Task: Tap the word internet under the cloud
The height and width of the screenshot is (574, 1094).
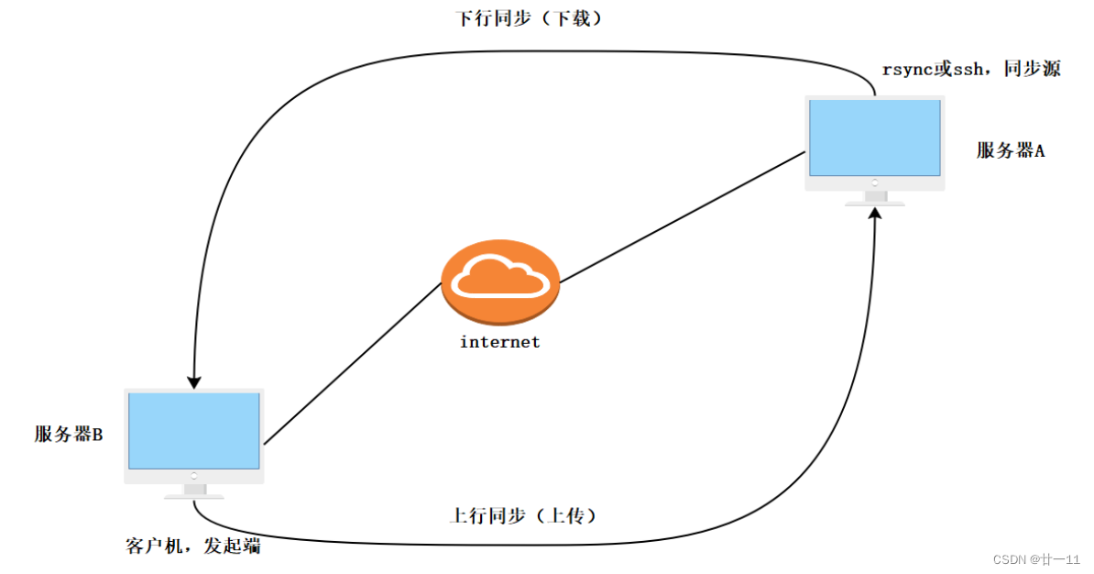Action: [x=499, y=342]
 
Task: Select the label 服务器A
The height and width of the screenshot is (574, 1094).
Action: [x=1011, y=151]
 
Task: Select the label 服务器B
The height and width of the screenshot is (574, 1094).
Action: [x=69, y=435]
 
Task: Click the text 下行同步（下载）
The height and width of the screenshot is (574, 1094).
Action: [x=530, y=18]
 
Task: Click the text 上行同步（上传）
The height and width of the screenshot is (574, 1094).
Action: [x=524, y=516]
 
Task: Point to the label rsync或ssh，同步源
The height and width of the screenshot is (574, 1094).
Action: [x=970, y=70]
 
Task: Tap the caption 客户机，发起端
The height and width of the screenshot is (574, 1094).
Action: [x=192, y=546]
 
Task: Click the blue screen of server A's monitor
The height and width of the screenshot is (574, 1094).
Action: [x=875, y=138]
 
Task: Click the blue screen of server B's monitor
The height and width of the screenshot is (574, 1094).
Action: [x=194, y=431]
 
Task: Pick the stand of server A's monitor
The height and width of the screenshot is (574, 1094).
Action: [x=875, y=198]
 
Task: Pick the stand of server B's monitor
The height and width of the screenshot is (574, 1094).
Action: [x=194, y=492]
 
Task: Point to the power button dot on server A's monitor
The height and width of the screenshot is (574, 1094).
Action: [x=875, y=183]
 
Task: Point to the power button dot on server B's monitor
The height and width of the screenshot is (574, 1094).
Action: [x=194, y=476]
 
